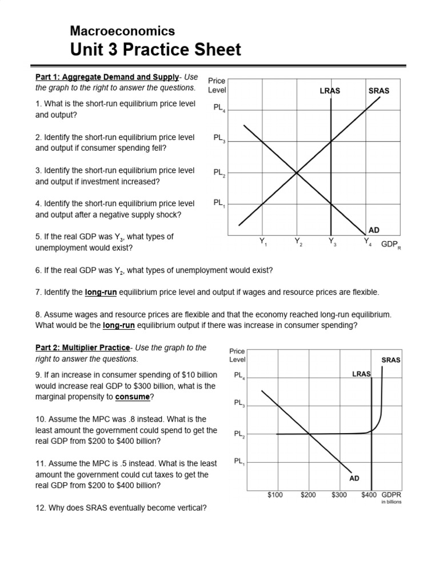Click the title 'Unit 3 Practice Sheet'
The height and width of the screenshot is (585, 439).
155,50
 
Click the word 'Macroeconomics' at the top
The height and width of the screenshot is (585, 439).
122,31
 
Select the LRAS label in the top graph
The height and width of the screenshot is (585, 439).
330,91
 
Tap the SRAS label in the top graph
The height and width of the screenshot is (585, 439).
379,91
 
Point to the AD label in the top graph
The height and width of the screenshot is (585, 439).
374,230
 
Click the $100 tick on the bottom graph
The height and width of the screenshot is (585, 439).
275,495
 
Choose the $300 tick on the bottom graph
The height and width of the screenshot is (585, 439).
339,495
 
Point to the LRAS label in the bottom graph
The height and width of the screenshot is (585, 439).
361,374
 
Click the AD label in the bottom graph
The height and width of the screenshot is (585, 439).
354,478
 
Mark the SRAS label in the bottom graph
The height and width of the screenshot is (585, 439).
391,360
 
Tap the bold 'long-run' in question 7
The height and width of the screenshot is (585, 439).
101,292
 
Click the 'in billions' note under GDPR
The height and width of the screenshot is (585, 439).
392,503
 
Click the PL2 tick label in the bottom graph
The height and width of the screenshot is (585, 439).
240,435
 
